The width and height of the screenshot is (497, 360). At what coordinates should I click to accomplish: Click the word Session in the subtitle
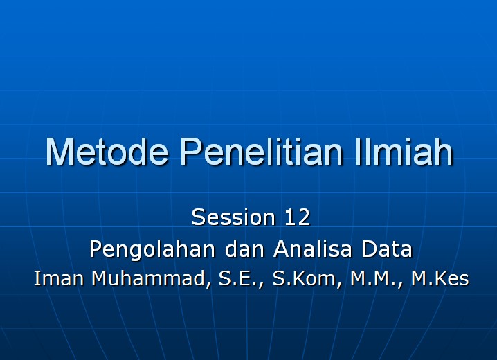(x=233, y=217)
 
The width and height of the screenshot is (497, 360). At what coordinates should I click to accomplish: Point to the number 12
(x=297, y=217)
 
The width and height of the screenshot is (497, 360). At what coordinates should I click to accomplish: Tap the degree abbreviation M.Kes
(x=440, y=279)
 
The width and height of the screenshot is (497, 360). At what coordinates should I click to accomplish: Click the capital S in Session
(x=199, y=217)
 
